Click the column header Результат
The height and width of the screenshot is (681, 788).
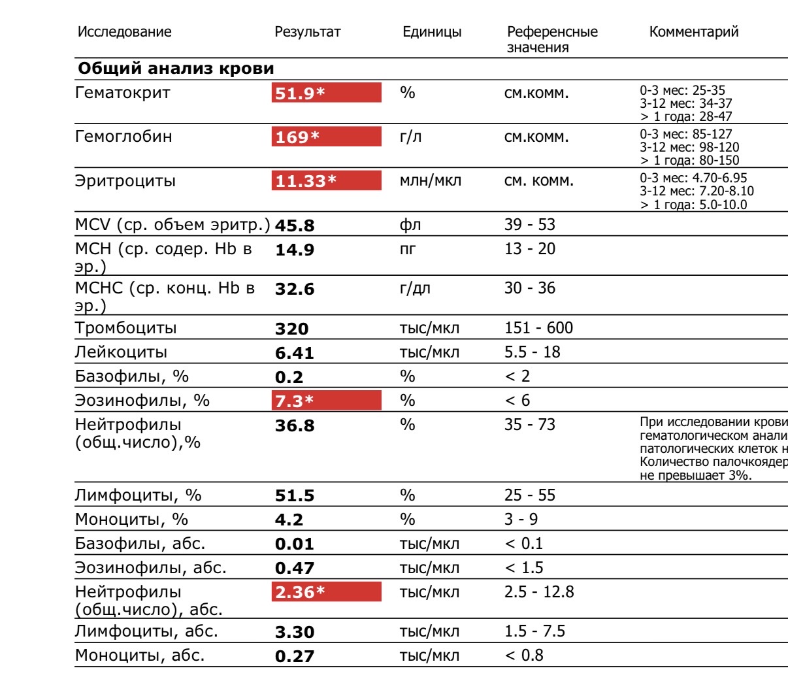click(307, 32)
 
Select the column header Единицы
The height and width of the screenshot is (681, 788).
click(431, 32)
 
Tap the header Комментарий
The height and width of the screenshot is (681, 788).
click(693, 32)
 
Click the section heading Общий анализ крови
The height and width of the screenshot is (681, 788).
click(176, 69)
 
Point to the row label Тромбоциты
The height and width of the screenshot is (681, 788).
click(125, 328)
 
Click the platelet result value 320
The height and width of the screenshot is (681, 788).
click(291, 329)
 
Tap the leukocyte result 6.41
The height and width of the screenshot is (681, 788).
click(294, 353)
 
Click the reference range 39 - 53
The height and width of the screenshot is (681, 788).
click(529, 225)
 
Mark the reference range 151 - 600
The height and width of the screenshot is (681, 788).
click(538, 328)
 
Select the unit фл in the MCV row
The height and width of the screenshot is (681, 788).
click(410, 225)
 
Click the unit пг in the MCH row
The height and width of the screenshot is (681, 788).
click(407, 249)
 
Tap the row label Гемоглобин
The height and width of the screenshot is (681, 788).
click(123, 137)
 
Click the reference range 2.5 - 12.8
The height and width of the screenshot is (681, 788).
click(539, 593)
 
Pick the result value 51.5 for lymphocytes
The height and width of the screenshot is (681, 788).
click(294, 495)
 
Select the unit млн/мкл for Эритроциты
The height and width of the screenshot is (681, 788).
click(430, 181)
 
